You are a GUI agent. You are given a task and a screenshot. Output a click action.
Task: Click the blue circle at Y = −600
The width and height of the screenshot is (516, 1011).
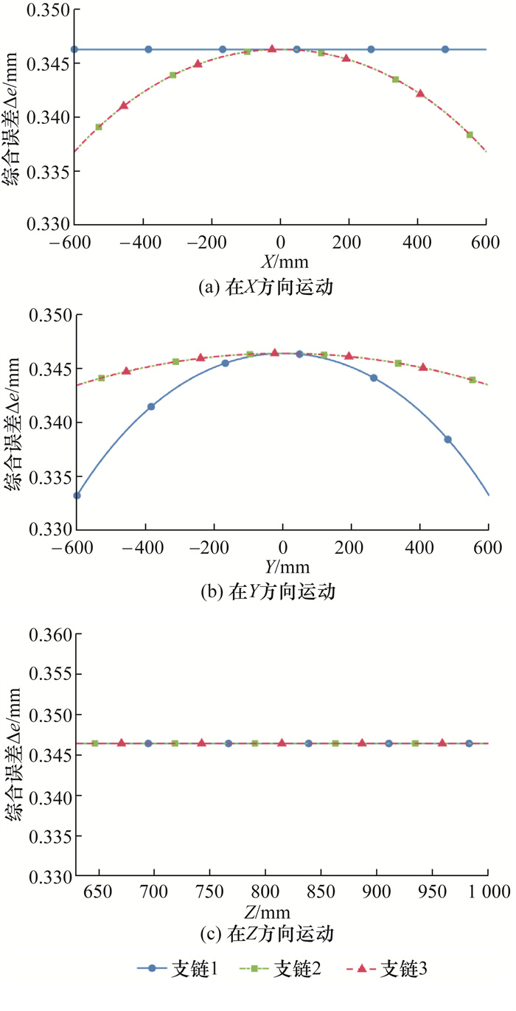click(x=77, y=495)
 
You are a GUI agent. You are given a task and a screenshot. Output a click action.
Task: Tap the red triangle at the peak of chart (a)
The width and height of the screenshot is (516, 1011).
click(x=272, y=49)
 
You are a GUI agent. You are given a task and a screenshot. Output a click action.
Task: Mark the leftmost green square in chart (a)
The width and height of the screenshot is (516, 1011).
click(x=99, y=127)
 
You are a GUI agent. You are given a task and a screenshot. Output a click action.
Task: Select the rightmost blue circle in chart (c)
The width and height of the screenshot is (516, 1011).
click(x=469, y=743)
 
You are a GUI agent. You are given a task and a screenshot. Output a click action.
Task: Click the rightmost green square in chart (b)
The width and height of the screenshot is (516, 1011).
click(x=473, y=380)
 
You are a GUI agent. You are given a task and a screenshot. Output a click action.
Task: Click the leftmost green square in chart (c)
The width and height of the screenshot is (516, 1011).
click(x=95, y=743)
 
